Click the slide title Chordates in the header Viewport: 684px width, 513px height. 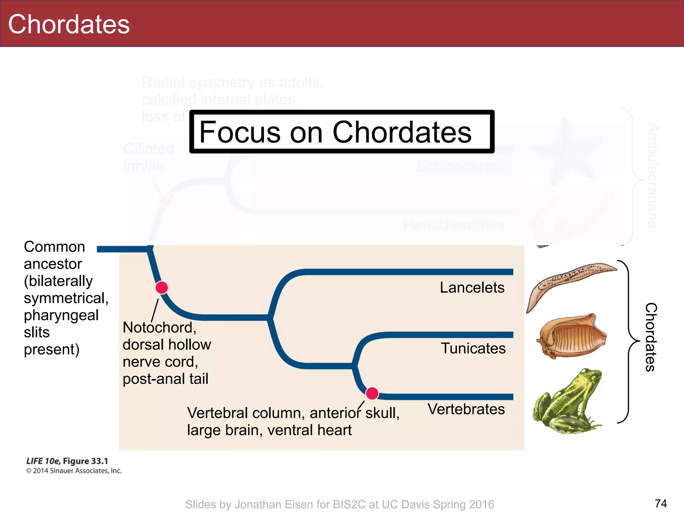click(x=69, y=24)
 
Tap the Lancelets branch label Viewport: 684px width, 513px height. click(x=472, y=288)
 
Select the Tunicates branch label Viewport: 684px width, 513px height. click(x=473, y=348)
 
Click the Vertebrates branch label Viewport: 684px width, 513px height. click(x=466, y=409)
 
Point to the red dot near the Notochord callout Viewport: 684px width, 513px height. click(x=162, y=288)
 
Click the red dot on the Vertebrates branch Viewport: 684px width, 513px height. click(x=372, y=393)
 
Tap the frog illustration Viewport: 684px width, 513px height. click(x=566, y=404)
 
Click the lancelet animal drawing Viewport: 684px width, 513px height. click(x=568, y=281)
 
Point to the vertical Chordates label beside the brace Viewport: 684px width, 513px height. click(x=651, y=337)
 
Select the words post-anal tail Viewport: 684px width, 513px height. click(x=165, y=379)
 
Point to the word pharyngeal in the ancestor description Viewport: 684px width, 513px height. click(x=61, y=315)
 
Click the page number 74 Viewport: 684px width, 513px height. click(x=661, y=503)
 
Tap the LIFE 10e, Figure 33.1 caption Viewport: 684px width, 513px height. click(x=67, y=461)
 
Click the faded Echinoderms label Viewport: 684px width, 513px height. click(x=461, y=166)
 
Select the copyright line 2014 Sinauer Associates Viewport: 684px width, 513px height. click(x=74, y=471)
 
